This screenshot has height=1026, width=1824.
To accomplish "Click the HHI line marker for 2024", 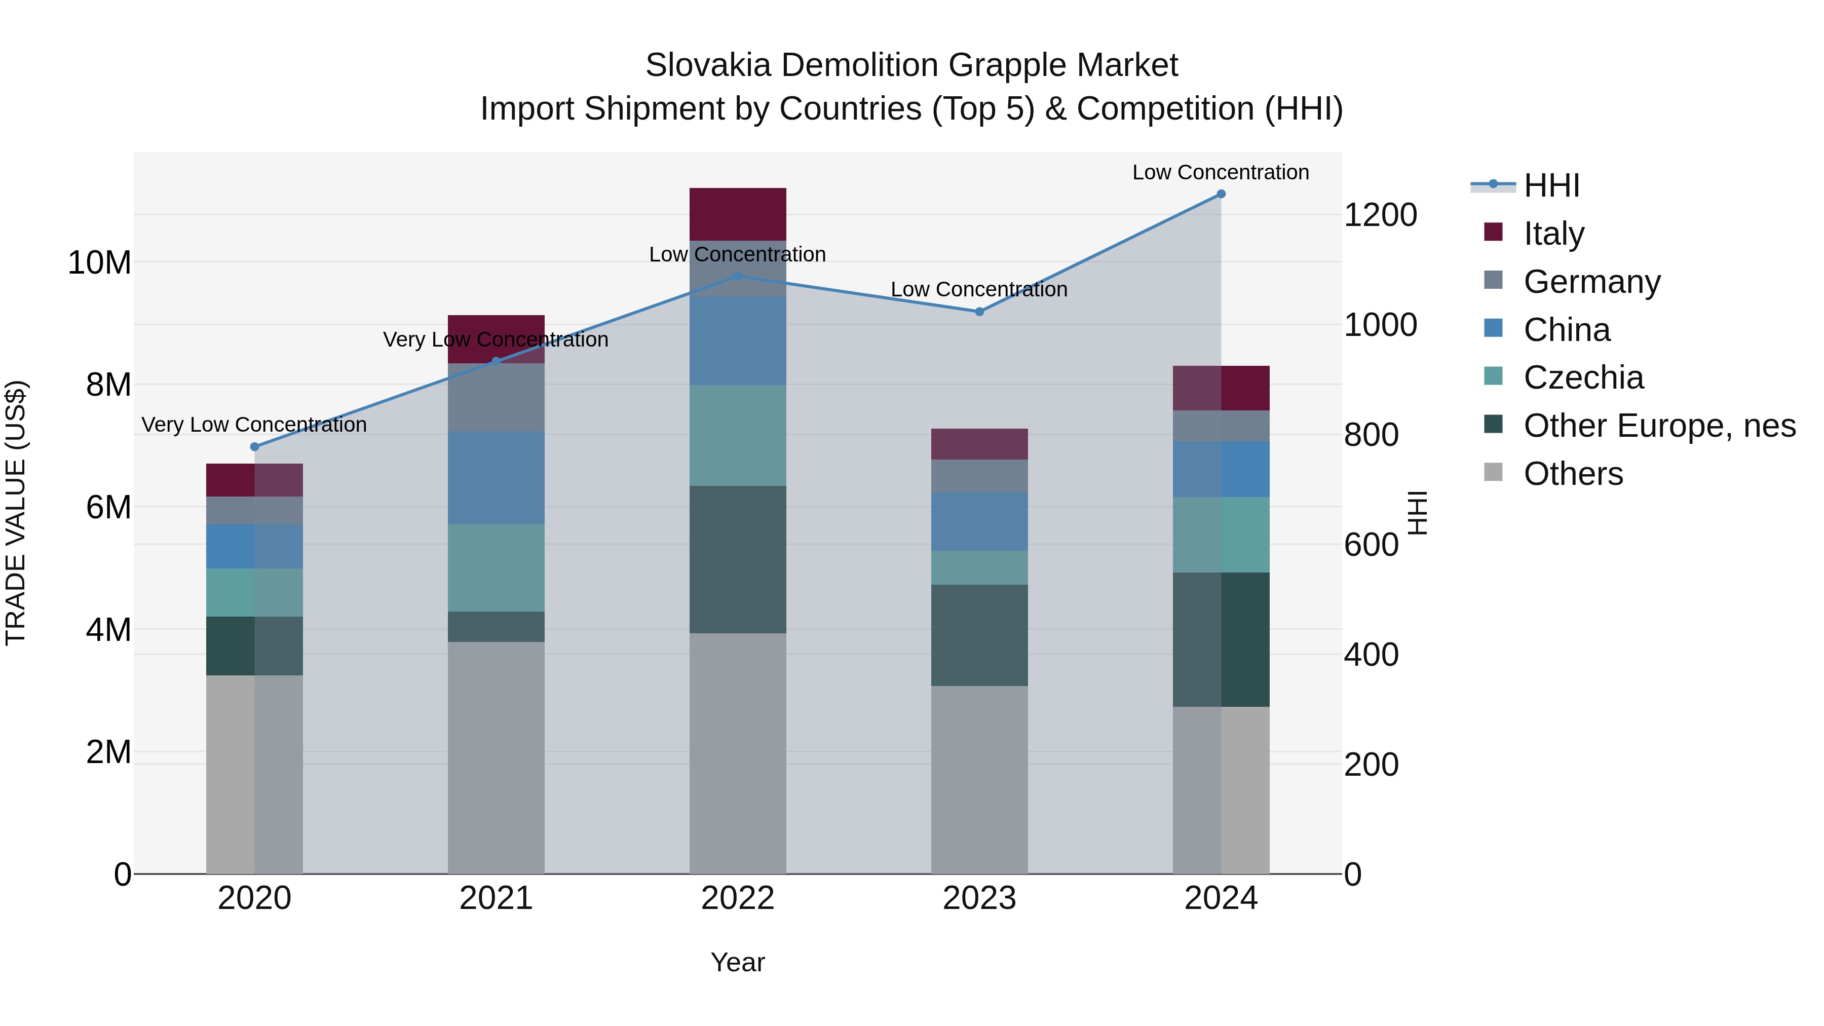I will tap(1221, 194).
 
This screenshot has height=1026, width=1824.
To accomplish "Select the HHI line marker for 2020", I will tap(255, 447).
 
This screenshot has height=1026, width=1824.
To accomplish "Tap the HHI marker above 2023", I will tap(979, 312).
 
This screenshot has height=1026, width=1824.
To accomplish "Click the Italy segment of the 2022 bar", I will tap(738, 214).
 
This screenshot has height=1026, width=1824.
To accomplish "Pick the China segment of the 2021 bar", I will tap(497, 477).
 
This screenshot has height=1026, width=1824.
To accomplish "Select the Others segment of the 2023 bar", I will tap(979, 779).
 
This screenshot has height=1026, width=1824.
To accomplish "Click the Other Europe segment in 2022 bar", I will tap(738, 559).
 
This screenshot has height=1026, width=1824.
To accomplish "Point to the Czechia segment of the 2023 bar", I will tap(979, 568).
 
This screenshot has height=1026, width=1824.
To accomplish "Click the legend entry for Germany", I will tap(1591, 282).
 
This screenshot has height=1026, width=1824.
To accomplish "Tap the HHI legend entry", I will tap(1551, 185).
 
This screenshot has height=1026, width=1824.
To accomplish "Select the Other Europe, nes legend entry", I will tap(1659, 426).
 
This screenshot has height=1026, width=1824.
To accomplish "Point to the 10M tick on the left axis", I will tap(99, 262).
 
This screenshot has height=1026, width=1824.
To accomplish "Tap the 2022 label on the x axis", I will tap(738, 898).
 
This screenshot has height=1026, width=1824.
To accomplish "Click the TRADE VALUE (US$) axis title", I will tap(16, 513).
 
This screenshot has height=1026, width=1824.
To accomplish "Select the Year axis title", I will tap(738, 962).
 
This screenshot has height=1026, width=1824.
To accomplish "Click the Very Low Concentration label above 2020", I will tap(254, 425).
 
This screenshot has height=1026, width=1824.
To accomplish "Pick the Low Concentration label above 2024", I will tap(1221, 172).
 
